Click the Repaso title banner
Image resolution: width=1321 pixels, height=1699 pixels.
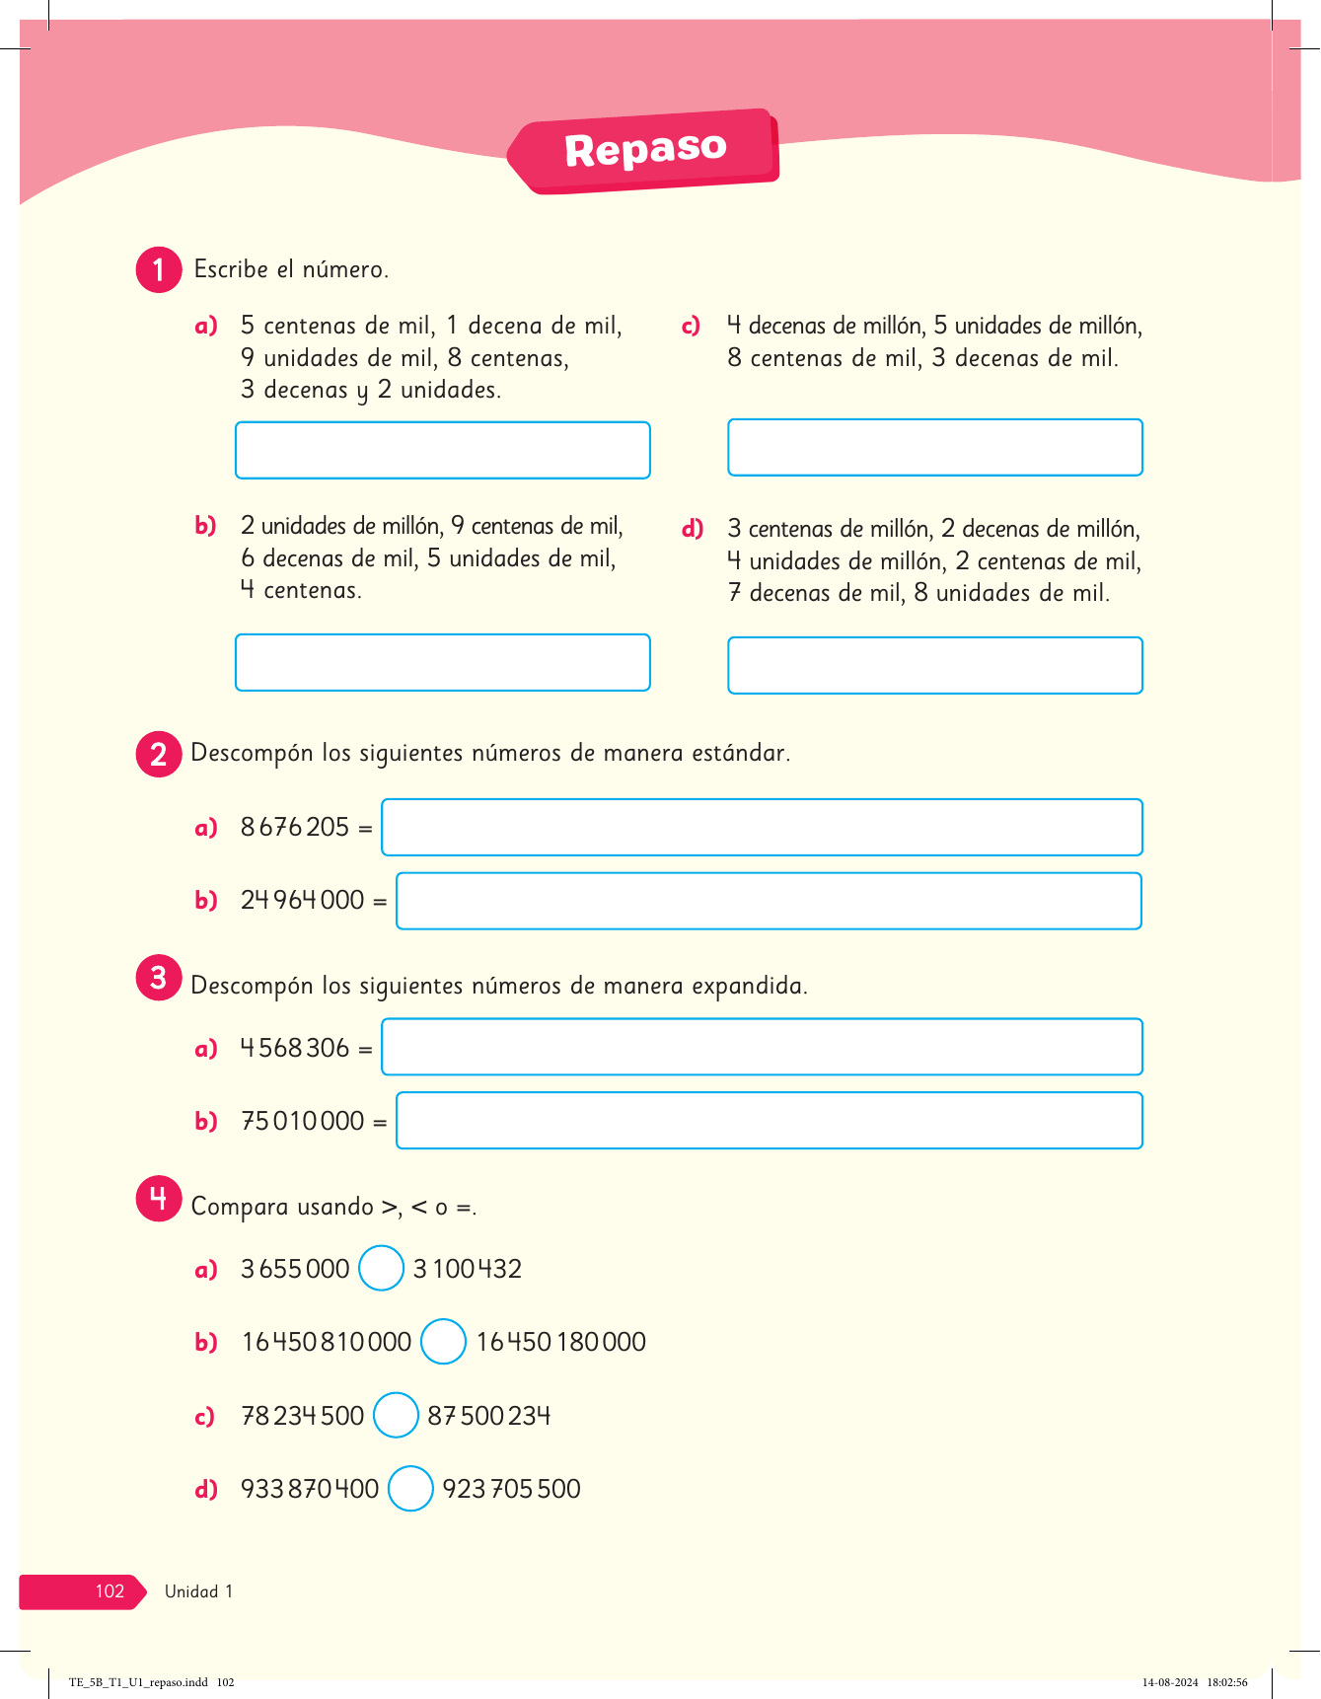(x=645, y=151)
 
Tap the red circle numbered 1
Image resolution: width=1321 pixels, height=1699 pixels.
(x=159, y=269)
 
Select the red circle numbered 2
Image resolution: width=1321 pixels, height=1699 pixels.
(x=159, y=755)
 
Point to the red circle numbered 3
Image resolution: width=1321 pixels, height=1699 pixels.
(x=159, y=978)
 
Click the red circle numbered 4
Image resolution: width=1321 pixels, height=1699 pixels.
(x=159, y=1199)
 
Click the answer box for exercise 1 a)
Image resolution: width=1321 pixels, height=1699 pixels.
(x=442, y=450)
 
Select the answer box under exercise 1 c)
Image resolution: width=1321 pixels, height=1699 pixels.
(x=934, y=447)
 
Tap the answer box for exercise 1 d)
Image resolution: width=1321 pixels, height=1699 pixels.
(x=934, y=665)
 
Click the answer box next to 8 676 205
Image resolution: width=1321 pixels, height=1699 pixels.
(x=762, y=827)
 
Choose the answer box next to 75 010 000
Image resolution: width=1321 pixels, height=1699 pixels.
(x=769, y=1120)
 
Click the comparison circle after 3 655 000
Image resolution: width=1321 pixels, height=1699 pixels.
(x=381, y=1268)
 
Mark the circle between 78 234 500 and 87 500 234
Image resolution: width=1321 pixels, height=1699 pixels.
(x=396, y=1415)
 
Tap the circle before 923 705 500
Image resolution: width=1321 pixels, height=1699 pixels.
(x=410, y=1489)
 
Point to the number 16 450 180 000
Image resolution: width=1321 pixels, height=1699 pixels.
(x=560, y=1342)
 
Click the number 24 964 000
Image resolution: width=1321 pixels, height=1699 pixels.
(x=302, y=900)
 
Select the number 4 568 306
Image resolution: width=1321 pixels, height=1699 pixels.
(x=295, y=1048)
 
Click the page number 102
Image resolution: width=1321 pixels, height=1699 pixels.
(x=110, y=1590)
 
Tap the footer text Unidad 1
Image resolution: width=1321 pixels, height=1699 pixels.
(x=198, y=1590)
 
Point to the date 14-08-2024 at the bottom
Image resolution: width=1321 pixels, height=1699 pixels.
(x=1170, y=1682)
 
